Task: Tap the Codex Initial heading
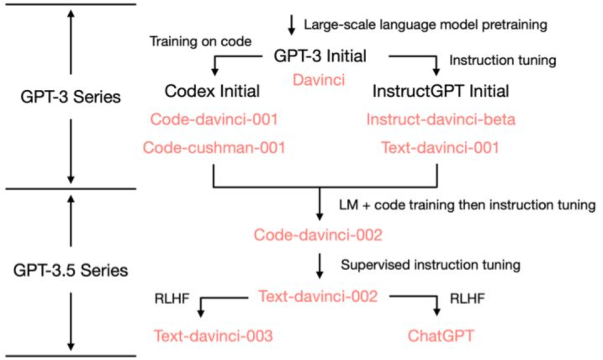click(x=214, y=90)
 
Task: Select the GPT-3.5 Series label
click(x=71, y=272)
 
